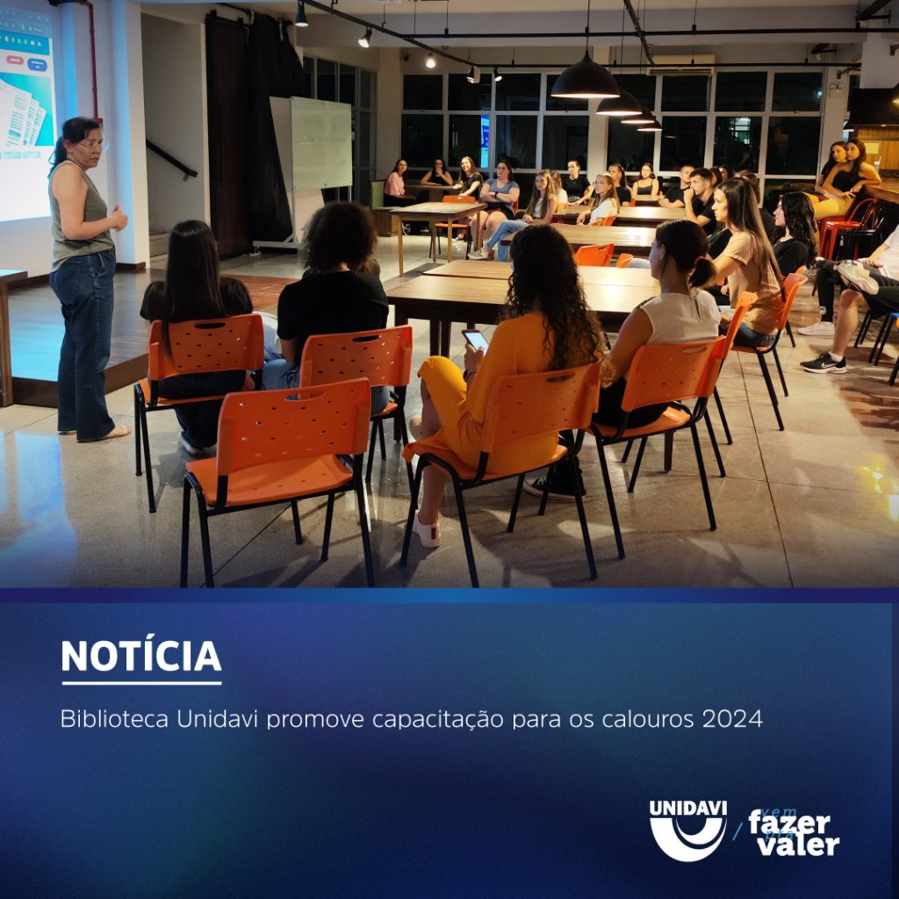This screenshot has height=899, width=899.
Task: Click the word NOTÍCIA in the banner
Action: pos(140,657)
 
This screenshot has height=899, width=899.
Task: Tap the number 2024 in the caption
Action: pos(732,719)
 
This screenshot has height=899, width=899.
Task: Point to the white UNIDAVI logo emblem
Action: pos(687,831)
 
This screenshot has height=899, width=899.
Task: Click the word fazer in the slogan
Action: pos(788,823)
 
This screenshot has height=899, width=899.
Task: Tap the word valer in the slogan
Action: pos(799,845)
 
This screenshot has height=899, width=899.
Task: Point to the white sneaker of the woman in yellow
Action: pos(427,531)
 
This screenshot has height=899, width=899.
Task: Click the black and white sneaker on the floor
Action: pos(823,363)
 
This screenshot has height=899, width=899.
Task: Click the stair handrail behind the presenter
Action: pos(170,159)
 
